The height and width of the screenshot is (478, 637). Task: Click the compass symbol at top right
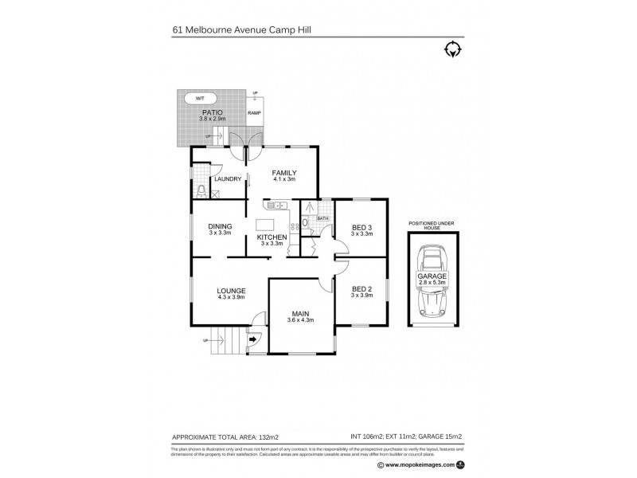point(452,49)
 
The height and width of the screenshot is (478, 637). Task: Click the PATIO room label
point(211,112)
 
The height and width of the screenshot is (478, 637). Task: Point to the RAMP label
point(254,113)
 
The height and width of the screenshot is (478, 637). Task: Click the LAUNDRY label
point(227,179)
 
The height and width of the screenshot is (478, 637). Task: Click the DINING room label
point(220,226)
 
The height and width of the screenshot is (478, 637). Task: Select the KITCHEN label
point(272,237)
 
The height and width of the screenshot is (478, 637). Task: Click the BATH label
point(322,217)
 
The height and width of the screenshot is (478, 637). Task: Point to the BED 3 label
point(362,227)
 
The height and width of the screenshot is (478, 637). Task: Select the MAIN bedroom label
point(300,313)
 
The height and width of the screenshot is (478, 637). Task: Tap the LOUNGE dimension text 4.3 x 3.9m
point(231,297)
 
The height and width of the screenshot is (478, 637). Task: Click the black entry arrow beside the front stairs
point(252,339)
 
